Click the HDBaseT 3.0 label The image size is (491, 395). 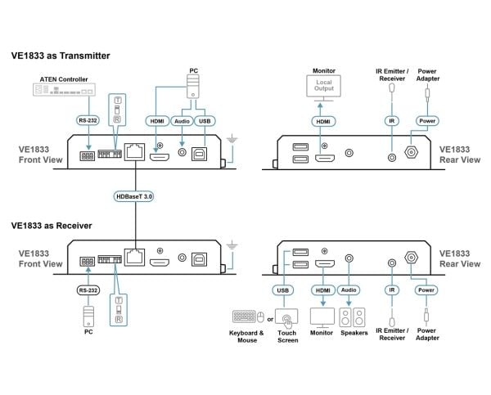[133, 196]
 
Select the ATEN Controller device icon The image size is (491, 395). [64, 90]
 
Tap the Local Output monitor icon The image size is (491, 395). [323, 88]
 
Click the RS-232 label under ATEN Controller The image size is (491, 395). [88, 120]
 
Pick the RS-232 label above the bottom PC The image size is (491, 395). [88, 290]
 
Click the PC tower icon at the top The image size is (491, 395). [193, 87]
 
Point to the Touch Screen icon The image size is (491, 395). [286, 317]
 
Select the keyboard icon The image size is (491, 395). [244, 316]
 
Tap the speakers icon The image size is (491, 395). [352, 317]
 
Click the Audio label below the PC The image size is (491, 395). [182, 121]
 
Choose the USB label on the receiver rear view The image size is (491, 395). [283, 290]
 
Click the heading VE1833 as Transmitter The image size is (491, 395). [61, 56]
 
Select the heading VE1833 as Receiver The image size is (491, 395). [52, 226]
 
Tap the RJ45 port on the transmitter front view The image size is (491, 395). [135, 152]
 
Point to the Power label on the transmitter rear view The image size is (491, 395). [427, 121]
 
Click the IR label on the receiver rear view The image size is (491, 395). [392, 290]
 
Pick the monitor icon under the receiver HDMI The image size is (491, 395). [322, 317]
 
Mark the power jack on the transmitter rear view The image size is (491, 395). [411, 152]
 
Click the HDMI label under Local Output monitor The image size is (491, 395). [323, 121]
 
